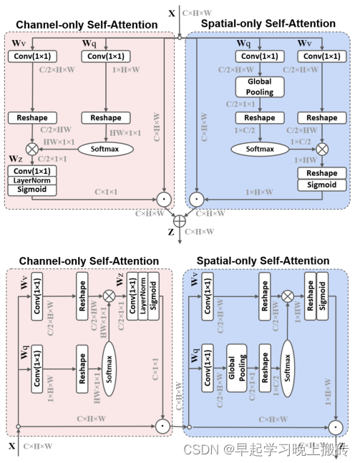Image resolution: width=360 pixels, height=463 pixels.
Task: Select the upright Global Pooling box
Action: [259, 87]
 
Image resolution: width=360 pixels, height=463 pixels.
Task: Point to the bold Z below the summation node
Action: [170, 233]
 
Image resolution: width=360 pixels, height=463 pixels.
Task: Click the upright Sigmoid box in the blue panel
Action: [321, 185]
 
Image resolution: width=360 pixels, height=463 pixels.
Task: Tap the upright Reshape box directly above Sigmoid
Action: [321, 174]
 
